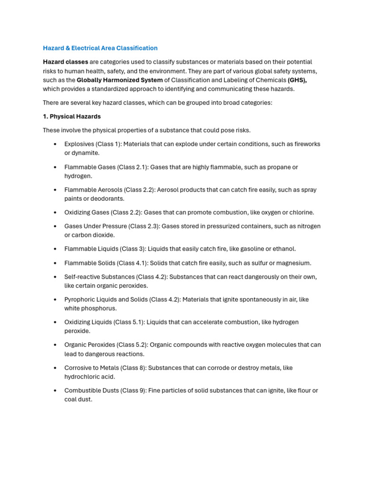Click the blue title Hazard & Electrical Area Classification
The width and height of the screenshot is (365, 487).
click(x=100, y=48)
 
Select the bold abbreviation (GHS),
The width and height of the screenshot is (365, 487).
click(x=297, y=80)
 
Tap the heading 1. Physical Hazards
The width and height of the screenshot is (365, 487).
click(x=72, y=117)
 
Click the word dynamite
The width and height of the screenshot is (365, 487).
click(x=85, y=153)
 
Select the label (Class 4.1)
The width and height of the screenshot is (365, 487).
click(x=131, y=263)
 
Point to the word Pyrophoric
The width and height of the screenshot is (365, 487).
click(x=80, y=300)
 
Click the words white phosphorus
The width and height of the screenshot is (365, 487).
click(x=90, y=309)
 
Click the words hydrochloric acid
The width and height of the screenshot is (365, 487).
click(x=90, y=377)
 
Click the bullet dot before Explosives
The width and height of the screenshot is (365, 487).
click(x=56, y=144)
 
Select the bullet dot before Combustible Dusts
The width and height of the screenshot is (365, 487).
click(x=56, y=391)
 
